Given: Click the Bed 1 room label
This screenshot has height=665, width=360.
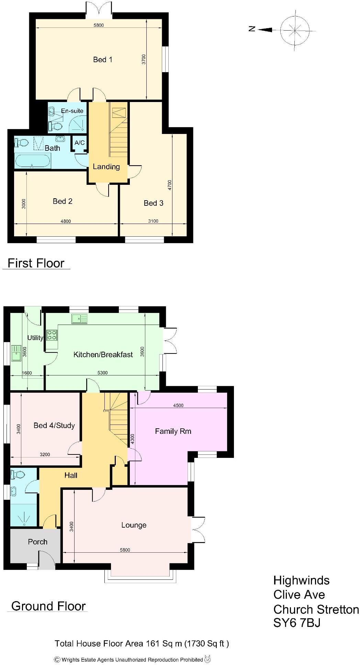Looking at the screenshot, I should click(102, 60).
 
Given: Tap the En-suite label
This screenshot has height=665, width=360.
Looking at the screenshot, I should click(72, 111).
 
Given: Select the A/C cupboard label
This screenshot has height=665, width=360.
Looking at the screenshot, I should click(80, 143).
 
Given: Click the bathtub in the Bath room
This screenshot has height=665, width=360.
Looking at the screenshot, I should click(32, 161).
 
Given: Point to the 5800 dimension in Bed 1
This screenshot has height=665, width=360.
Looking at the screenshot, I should click(98, 25).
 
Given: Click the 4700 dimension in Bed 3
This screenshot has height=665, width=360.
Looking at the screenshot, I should click(169, 185).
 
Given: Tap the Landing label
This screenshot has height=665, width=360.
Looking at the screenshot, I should click(106, 167).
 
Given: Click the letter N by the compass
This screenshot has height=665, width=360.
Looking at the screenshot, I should click(252, 29).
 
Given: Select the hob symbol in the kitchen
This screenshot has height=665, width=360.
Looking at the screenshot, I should click(52, 335).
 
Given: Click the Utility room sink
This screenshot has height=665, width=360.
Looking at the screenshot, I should click(16, 353).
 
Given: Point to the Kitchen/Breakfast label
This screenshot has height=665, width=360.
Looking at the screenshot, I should click(103, 355).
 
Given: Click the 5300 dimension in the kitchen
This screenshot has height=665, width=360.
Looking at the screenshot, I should click(102, 373).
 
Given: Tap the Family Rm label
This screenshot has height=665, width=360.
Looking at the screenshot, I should click(173, 431).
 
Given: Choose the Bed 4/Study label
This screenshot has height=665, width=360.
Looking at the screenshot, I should click(54, 426).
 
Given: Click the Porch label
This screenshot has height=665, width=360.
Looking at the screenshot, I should click(37, 542).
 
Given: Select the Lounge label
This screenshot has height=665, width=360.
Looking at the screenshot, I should click(134, 525).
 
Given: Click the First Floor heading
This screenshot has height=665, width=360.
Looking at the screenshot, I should click(36, 263).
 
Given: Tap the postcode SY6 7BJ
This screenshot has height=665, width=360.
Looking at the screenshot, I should click(297, 623).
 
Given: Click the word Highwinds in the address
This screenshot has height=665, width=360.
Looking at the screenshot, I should click(301, 581).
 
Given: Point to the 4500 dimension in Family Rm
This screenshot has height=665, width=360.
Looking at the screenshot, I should click(178, 405).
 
